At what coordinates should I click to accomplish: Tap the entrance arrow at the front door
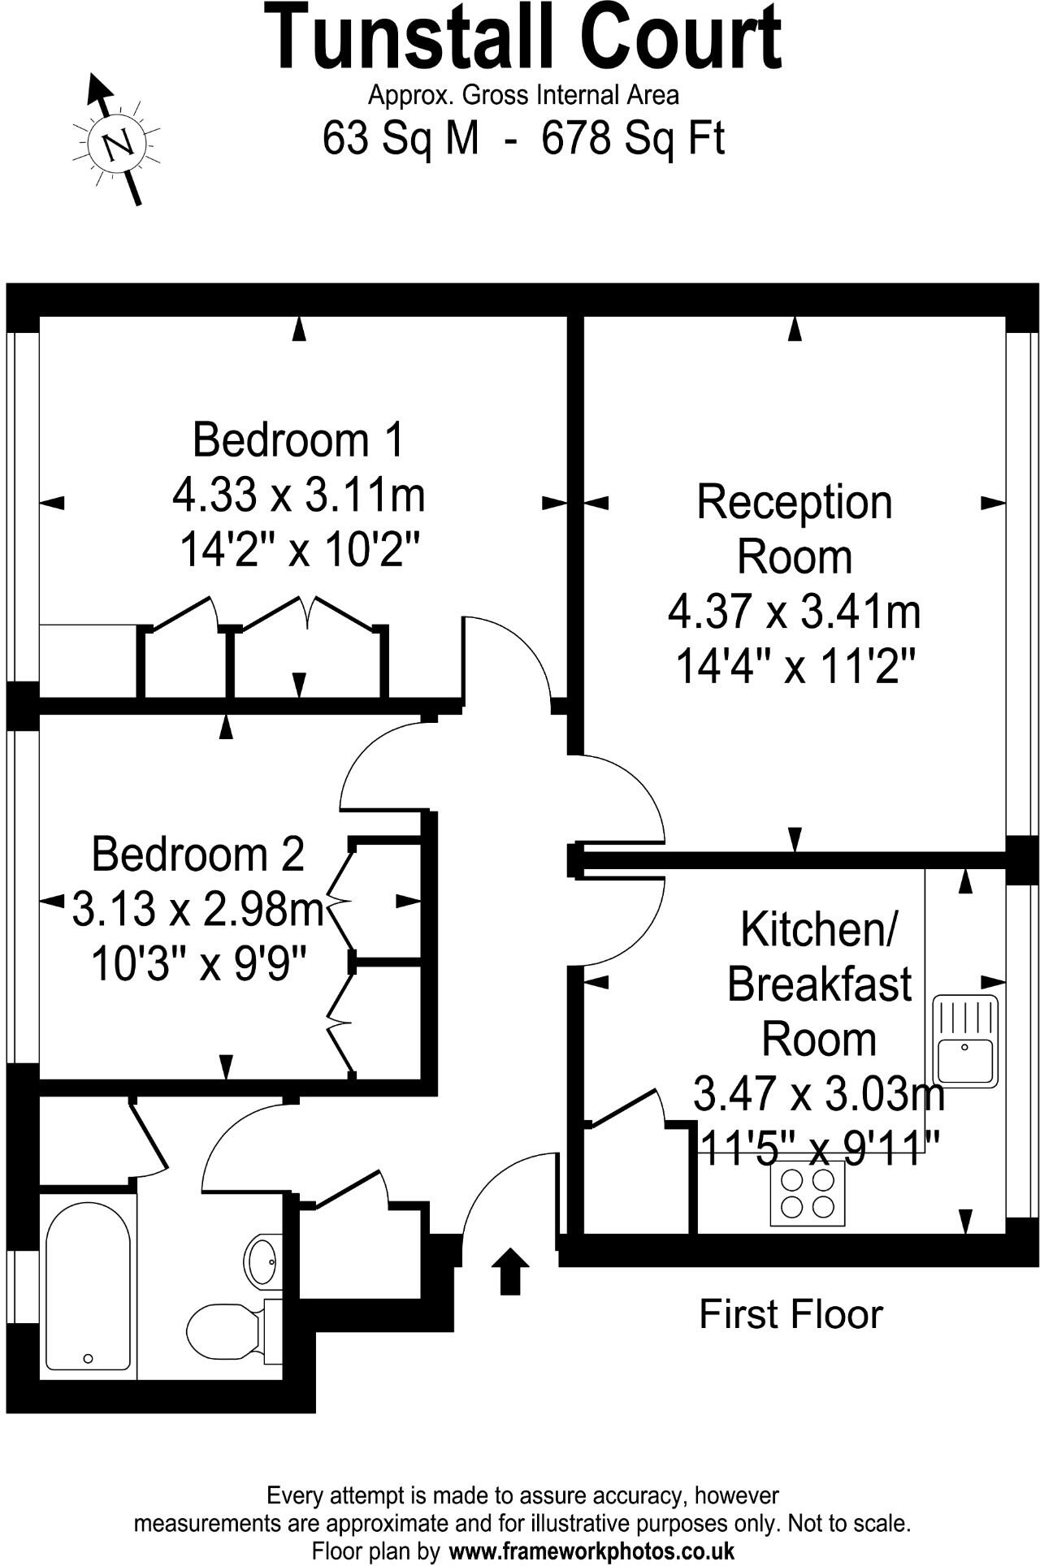(510, 1270)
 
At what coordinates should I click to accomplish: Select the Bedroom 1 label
(298, 439)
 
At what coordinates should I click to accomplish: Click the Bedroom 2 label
(197, 854)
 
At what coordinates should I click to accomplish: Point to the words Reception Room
(794, 529)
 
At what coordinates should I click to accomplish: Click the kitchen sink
(965, 1041)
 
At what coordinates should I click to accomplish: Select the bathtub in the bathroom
(88, 1286)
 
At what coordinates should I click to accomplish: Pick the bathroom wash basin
(263, 1260)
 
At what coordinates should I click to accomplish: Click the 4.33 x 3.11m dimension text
(298, 495)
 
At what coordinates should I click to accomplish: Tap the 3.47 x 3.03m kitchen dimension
(818, 1094)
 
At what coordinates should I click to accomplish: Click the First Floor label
(791, 1314)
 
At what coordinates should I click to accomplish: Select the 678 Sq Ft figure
(633, 138)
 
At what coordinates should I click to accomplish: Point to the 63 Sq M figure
(401, 138)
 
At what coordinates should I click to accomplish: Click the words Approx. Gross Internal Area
(523, 95)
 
